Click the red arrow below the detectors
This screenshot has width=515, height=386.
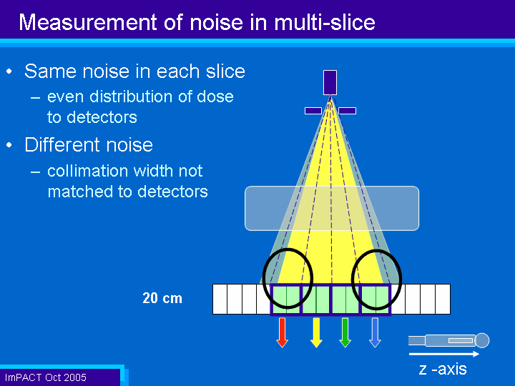coord(282,332)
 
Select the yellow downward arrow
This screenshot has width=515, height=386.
coord(316,332)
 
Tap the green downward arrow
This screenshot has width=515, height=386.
coord(345,332)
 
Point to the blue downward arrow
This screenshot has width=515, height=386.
coord(375,332)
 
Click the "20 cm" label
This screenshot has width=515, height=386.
coord(162,298)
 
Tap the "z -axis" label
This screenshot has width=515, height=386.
coord(443,369)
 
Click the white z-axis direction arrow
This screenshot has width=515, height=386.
coord(444,354)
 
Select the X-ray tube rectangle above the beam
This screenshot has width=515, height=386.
coord(330,82)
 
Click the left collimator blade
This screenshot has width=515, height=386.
coord(313,111)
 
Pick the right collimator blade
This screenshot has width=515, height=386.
coord(347,111)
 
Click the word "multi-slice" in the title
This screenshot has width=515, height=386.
coord(324,22)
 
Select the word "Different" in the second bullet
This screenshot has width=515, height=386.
coord(59,144)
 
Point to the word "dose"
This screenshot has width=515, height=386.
coord(215,96)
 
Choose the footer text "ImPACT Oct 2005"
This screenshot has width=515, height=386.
coord(46,377)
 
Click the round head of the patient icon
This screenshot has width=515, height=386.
coord(482,340)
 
